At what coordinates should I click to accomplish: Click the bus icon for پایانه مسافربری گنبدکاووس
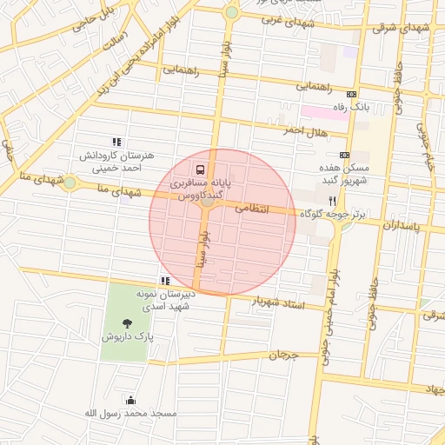point(201,169)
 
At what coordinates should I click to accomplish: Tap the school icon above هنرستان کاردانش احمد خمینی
point(116,142)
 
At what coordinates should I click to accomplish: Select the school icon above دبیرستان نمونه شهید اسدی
point(165,281)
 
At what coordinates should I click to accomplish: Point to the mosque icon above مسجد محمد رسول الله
point(130,400)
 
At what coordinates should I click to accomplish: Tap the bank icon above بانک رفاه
point(351,94)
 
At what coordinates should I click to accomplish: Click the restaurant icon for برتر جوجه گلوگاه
point(331,200)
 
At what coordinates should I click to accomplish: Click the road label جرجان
point(282,355)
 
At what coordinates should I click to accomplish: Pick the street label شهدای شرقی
point(402,28)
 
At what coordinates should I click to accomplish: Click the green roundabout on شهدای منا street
point(70,183)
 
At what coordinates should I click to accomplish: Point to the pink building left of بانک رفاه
point(322,113)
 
